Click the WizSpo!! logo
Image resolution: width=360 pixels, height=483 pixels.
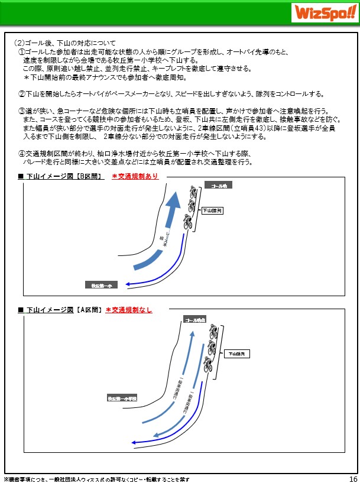(x=323, y=12)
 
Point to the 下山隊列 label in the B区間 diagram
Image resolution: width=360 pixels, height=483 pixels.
(x=211, y=210)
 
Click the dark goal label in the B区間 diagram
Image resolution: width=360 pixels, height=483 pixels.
(x=219, y=186)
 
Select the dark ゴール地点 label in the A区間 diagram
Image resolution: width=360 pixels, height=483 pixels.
(x=194, y=320)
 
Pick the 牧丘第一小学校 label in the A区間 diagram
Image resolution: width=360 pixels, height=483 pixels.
(x=122, y=398)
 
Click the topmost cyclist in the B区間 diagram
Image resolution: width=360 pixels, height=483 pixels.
(x=193, y=192)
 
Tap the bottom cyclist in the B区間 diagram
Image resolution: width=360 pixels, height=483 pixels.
(x=187, y=222)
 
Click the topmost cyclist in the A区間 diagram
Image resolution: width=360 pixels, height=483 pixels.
(x=213, y=333)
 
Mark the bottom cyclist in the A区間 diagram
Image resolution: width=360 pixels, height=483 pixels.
(x=207, y=365)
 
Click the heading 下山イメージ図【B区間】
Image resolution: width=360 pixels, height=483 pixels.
(x=65, y=176)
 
